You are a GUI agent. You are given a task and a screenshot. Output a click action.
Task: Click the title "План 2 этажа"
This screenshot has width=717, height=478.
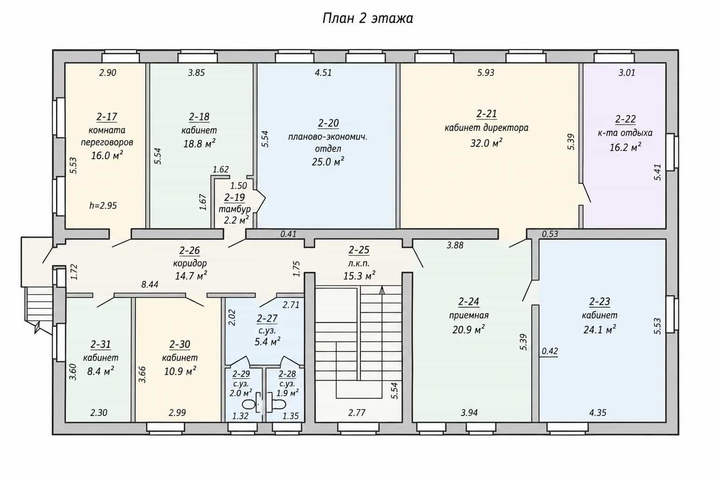(x=367, y=18)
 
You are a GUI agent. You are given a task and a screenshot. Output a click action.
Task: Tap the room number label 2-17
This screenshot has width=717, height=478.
(x=107, y=117)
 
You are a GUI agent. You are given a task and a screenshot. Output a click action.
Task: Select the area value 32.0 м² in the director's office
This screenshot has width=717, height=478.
(x=486, y=143)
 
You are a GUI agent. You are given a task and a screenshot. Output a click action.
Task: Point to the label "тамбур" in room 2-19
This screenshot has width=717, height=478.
(x=235, y=209)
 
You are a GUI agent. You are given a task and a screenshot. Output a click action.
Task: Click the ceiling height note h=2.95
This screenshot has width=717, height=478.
(x=103, y=205)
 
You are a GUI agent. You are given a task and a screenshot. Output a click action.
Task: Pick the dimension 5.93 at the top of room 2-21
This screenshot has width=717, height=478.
(x=486, y=73)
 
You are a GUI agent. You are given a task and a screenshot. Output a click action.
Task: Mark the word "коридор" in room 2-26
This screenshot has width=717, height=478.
(x=190, y=263)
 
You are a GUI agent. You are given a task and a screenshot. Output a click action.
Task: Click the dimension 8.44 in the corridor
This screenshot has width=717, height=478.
(x=150, y=285)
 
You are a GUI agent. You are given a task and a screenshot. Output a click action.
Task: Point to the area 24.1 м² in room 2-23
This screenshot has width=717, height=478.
(x=600, y=330)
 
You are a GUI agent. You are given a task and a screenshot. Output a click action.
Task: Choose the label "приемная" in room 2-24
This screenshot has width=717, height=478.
(x=469, y=316)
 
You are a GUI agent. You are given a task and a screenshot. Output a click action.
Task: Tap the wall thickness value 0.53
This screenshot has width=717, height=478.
(x=550, y=234)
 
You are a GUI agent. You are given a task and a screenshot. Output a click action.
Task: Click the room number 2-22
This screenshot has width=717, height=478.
(x=626, y=119)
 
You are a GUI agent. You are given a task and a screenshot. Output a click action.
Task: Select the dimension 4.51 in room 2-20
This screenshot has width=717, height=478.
(x=323, y=73)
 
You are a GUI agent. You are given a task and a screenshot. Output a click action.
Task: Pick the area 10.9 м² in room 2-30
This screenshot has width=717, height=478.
(x=180, y=372)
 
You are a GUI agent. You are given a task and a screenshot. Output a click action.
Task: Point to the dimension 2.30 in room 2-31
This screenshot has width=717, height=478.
(x=98, y=413)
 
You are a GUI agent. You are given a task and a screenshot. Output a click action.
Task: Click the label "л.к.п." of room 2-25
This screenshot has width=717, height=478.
(x=359, y=263)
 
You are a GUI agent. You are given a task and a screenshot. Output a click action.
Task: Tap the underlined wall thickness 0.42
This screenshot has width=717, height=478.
(x=550, y=351)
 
